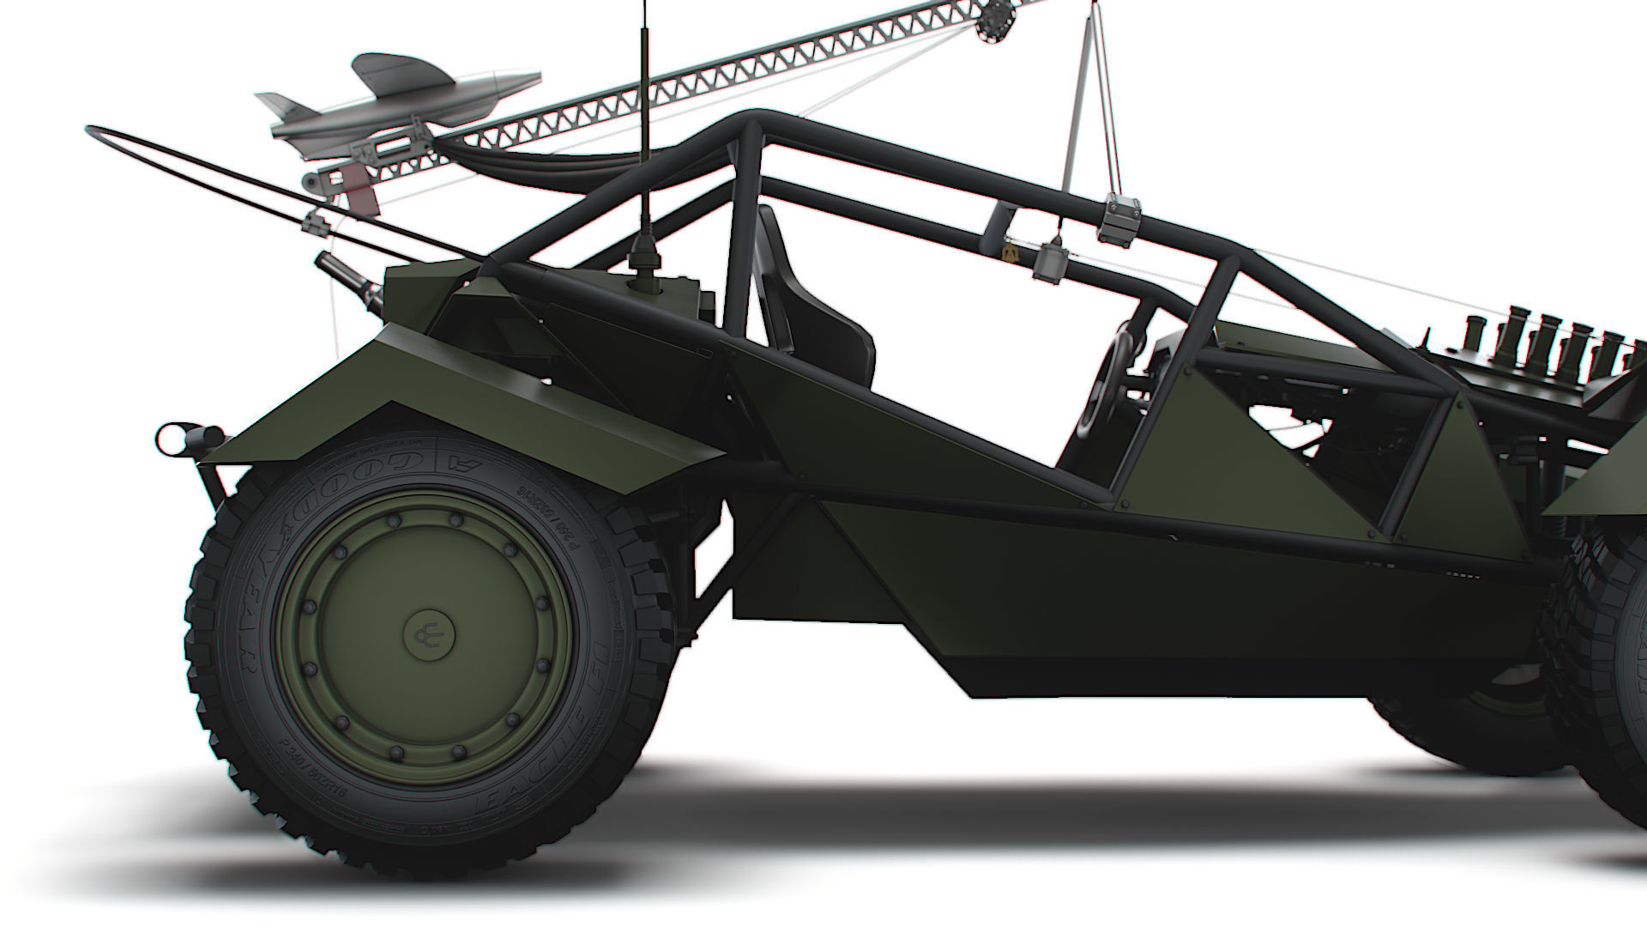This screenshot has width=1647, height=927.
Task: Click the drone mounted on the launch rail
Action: pyautogui.click(x=403, y=103)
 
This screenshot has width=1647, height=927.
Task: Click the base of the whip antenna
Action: pyautogui.click(x=642, y=257)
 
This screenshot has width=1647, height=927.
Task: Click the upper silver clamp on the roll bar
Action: pyautogui.click(x=1119, y=215)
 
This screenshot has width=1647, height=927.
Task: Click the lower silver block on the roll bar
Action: pyautogui.click(x=1050, y=261)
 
